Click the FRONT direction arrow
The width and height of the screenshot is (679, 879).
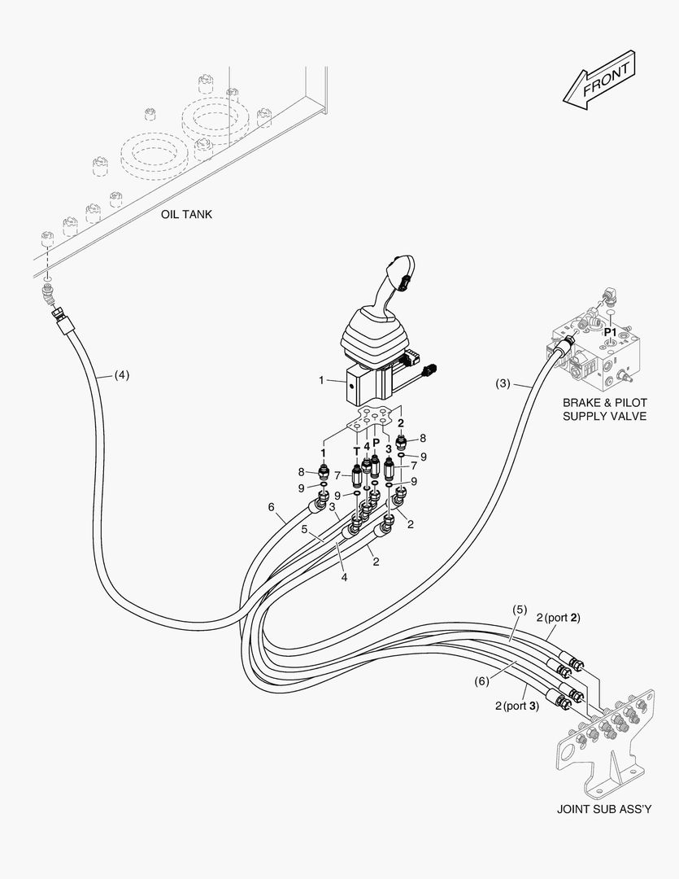598,80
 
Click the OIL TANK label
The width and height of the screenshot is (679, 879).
186,215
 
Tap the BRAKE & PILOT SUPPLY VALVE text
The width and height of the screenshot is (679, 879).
604,409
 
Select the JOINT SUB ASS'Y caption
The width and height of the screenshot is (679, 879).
603,809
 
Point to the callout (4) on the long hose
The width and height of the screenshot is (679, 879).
120,375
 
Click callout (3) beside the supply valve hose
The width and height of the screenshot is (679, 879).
503,383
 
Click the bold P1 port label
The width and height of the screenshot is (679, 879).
610,333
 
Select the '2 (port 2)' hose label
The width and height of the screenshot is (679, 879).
558,618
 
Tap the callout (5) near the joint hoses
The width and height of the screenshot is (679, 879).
519,610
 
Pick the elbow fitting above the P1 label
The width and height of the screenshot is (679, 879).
607,301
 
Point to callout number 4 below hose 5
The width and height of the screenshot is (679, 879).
345,577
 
